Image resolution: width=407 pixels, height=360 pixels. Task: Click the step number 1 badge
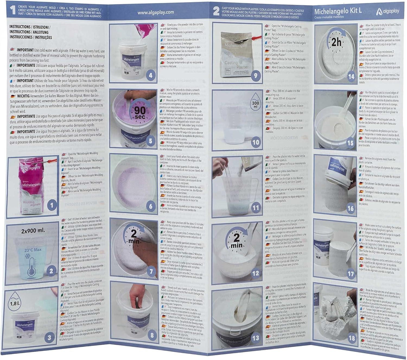52,206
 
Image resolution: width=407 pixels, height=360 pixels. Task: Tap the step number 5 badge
151,141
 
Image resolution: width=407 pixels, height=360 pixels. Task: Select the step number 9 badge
255,76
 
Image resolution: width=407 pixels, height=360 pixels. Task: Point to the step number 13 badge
256,338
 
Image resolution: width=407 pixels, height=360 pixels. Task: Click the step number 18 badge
352,338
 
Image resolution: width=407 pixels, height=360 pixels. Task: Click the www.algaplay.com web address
155,12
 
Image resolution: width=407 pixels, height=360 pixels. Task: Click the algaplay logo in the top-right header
388,11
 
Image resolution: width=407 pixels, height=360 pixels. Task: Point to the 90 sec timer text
140,113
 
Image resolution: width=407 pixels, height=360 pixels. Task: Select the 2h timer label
336,42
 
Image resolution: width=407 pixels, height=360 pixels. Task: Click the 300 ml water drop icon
255,102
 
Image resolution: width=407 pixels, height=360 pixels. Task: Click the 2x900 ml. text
33,231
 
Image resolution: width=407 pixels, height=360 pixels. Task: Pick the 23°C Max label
33,250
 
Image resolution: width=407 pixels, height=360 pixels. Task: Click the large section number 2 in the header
216,11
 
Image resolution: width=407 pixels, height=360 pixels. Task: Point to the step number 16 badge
351,208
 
